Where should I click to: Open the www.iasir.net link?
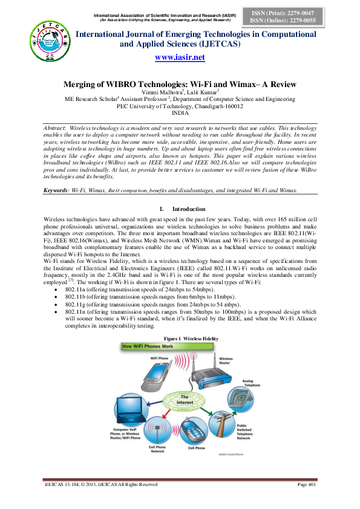[x=180, y=57]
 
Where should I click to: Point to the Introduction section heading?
[x=189, y=209]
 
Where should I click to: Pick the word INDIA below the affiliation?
[x=180, y=113]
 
